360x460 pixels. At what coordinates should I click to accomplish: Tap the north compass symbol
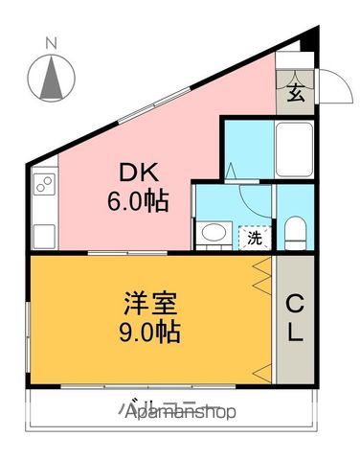51,76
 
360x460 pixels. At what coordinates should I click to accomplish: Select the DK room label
138,173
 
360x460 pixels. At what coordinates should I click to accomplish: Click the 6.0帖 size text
138,200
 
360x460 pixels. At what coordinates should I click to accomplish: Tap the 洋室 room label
149,307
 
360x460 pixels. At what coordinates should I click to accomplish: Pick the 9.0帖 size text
149,334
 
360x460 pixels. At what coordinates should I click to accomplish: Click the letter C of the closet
293,306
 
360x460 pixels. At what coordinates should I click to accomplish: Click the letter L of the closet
293,333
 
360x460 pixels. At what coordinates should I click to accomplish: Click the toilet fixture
296,229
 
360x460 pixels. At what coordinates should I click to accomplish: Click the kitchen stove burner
44,187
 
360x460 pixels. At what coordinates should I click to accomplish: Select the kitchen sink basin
44,233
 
